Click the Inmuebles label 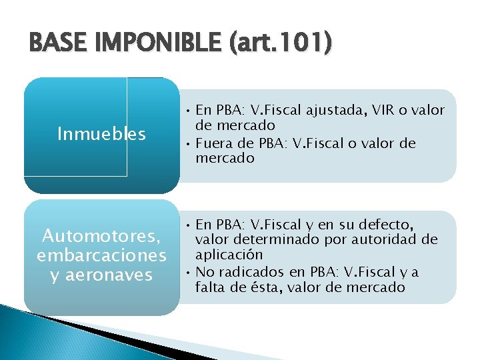(x=101, y=135)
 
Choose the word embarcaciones (x=101, y=255)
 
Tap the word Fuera (x=213, y=143)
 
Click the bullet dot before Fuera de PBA (x=189, y=143)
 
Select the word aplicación (x=229, y=255)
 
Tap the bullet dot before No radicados (x=189, y=271)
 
